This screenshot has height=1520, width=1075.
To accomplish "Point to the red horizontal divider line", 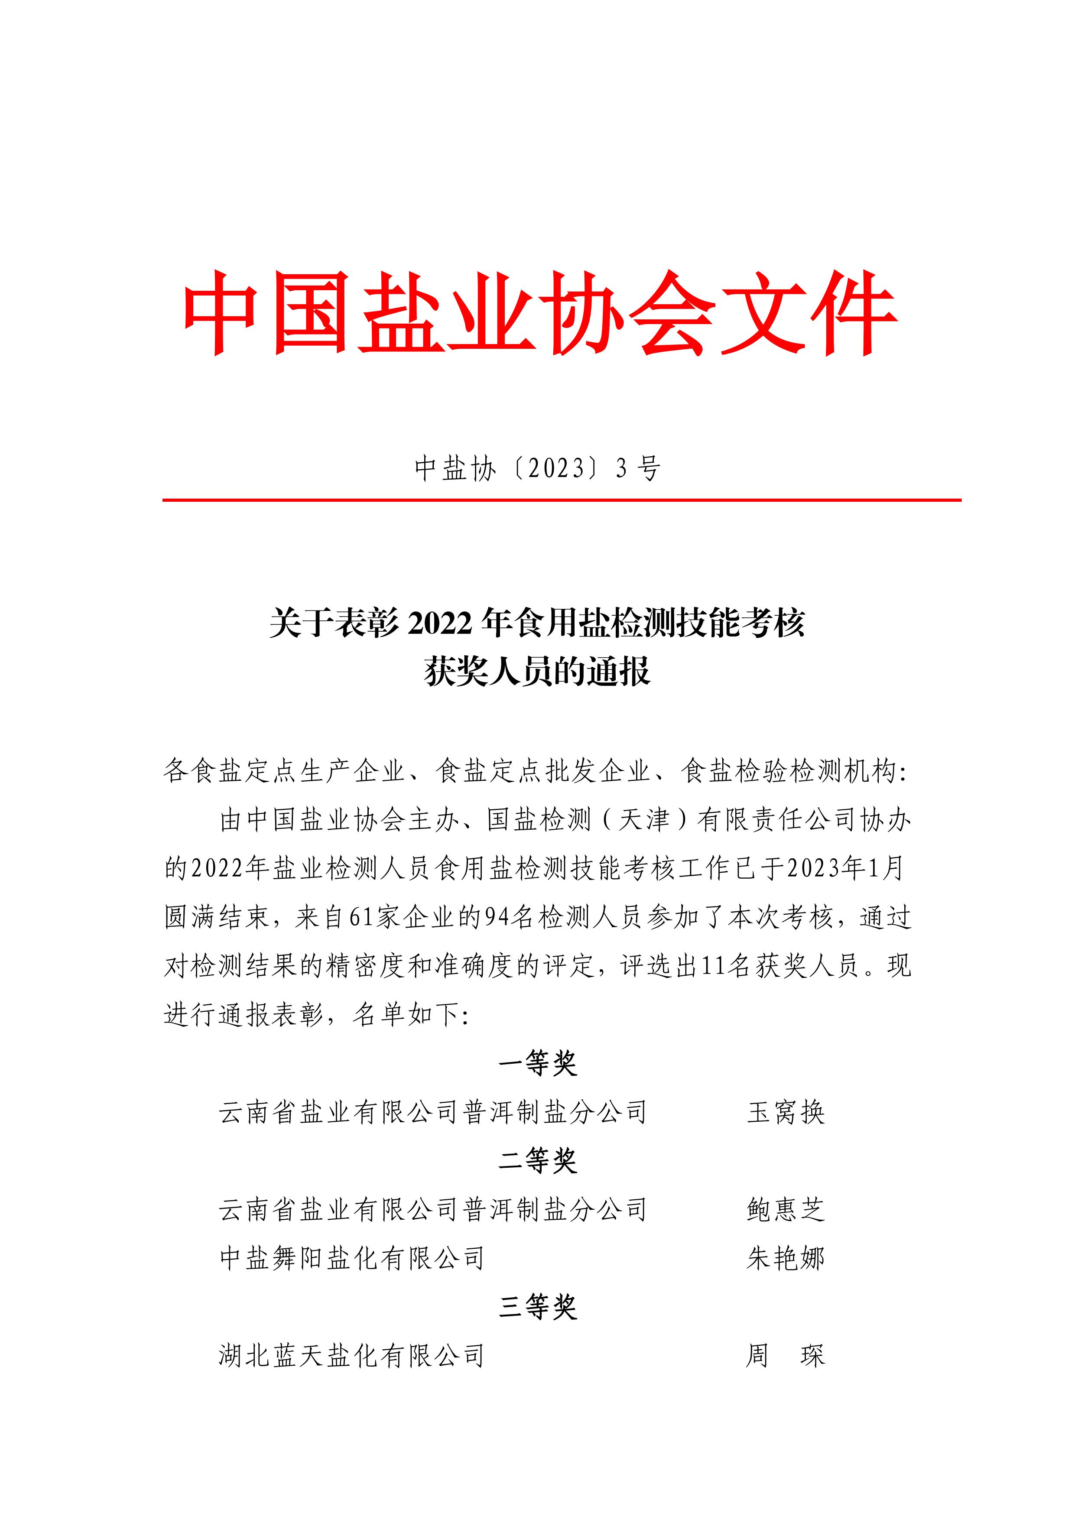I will [561, 500].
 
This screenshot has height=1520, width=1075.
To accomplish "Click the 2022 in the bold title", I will [440, 624].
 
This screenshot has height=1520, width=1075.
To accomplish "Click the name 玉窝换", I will [786, 1112].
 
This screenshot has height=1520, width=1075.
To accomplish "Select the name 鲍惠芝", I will [786, 1209].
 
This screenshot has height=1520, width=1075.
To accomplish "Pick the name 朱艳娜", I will [786, 1258].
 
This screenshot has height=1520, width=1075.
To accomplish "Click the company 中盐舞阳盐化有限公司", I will [352, 1258].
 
